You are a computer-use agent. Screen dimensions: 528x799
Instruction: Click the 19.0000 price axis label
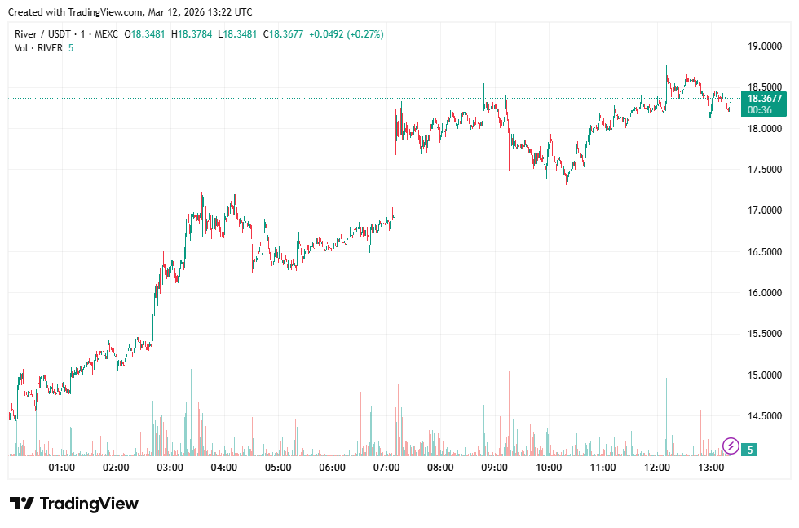(766, 47)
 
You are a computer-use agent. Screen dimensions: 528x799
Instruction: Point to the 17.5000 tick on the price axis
(766, 170)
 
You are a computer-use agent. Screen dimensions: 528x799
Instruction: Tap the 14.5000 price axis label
(766, 416)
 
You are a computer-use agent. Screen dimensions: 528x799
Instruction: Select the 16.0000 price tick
(766, 293)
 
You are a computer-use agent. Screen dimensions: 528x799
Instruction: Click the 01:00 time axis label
(62, 468)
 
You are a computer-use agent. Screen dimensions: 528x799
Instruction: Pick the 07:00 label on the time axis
(386, 468)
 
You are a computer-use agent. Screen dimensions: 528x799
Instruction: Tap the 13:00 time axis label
(712, 468)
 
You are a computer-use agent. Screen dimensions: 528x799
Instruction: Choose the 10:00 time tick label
(549, 468)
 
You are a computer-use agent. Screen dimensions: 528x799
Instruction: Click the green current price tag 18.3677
(765, 99)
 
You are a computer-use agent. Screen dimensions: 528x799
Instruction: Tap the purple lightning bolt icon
(731, 446)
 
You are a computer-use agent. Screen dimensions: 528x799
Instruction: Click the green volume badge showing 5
(750, 449)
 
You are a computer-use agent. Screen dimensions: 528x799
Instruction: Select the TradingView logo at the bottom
(74, 504)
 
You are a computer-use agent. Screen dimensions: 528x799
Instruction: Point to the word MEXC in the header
(106, 34)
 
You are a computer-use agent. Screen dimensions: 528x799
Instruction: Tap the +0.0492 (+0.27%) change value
(347, 34)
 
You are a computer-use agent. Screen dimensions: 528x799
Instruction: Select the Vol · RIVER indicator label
(39, 48)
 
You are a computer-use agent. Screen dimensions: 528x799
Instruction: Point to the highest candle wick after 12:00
(666, 67)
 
